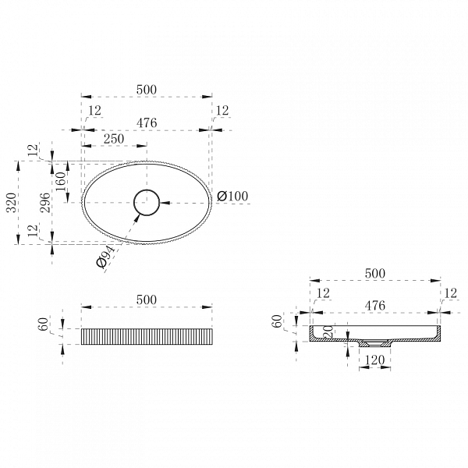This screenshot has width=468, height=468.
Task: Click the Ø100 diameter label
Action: (x=232, y=196)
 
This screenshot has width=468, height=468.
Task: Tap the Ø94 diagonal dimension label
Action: (x=105, y=257)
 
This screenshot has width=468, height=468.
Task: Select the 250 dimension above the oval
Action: (x=114, y=139)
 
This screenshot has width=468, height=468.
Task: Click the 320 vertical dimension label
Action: (x=12, y=203)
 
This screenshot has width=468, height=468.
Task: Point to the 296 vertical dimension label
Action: (x=45, y=203)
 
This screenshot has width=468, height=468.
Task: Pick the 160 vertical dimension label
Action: (x=61, y=182)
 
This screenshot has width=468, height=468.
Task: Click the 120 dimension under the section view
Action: (x=375, y=360)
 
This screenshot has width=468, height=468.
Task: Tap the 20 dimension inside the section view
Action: (x=328, y=331)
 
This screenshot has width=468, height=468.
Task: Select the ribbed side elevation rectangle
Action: (x=147, y=337)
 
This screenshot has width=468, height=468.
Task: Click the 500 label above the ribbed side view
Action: (x=147, y=300)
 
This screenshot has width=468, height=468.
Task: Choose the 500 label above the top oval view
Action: (x=147, y=90)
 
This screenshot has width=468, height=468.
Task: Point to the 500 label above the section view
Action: (x=375, y=274)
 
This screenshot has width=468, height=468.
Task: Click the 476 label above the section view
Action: (x=375, y=306)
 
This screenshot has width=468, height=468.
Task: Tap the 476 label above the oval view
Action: (x=147, y=122)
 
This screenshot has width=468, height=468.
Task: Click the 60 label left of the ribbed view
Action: (x=44, y=324)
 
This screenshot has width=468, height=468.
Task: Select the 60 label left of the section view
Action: (x=278, y=321)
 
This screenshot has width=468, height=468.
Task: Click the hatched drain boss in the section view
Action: (x=374, y=343)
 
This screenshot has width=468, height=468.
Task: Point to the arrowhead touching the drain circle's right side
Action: (x=165, y=203)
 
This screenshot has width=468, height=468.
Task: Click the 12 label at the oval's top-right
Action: (x=222, y=111)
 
